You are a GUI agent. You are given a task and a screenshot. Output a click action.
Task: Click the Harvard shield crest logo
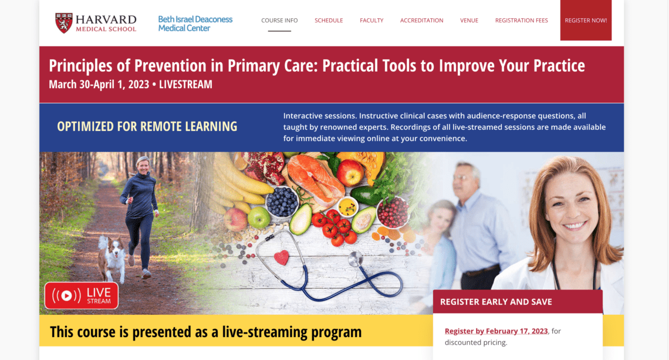[63, 23]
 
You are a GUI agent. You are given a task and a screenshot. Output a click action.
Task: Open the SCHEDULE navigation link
[329, 21]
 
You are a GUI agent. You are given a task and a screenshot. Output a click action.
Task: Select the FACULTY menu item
[371, 21]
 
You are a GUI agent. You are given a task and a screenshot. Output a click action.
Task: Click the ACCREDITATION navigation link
[421, 21]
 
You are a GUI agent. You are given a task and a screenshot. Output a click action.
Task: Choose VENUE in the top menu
[469, 21]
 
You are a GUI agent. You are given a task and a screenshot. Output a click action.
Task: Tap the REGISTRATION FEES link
[521, 21]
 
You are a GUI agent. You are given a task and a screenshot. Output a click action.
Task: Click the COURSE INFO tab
[279, 21]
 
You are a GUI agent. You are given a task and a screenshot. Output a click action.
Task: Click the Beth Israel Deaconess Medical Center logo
[195, 23]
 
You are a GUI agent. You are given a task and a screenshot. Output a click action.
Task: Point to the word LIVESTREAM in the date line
[185, 85]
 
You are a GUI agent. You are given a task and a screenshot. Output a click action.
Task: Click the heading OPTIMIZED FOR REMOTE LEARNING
[147, 126]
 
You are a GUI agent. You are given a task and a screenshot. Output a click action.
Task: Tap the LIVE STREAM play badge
[82, 295]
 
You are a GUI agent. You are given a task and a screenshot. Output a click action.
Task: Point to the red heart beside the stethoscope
[281, 257]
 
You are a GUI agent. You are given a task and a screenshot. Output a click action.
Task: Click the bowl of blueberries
[282, 201]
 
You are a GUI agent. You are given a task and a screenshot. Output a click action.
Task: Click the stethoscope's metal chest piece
[355, 258]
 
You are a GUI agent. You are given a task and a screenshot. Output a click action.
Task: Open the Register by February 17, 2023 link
[496, 331]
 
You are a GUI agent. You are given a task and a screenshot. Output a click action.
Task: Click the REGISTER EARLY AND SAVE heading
[496, 302]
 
